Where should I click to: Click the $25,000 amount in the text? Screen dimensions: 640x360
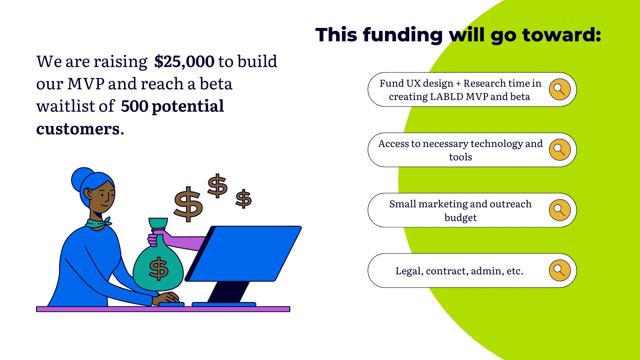point(184,62)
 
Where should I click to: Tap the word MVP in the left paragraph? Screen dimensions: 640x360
point(86,84)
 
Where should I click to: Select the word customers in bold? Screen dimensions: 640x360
point(78,129)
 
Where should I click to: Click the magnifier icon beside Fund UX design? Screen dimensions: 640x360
point(560,89)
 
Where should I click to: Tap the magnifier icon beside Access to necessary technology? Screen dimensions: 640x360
point(560,150)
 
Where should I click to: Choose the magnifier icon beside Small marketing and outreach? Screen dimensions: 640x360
point(560,210)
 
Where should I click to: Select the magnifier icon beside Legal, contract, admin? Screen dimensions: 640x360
point(560,270)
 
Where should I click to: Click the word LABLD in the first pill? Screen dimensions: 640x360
point(447,97)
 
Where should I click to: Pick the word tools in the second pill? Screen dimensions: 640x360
point(460,157)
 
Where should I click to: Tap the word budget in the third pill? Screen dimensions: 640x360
point(460,218)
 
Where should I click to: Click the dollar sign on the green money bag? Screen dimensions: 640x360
point(159,268)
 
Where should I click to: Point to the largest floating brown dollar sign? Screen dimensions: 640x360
point(188,204)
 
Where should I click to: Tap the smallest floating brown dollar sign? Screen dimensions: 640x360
point(244,199)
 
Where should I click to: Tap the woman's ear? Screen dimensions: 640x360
point(88,194)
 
